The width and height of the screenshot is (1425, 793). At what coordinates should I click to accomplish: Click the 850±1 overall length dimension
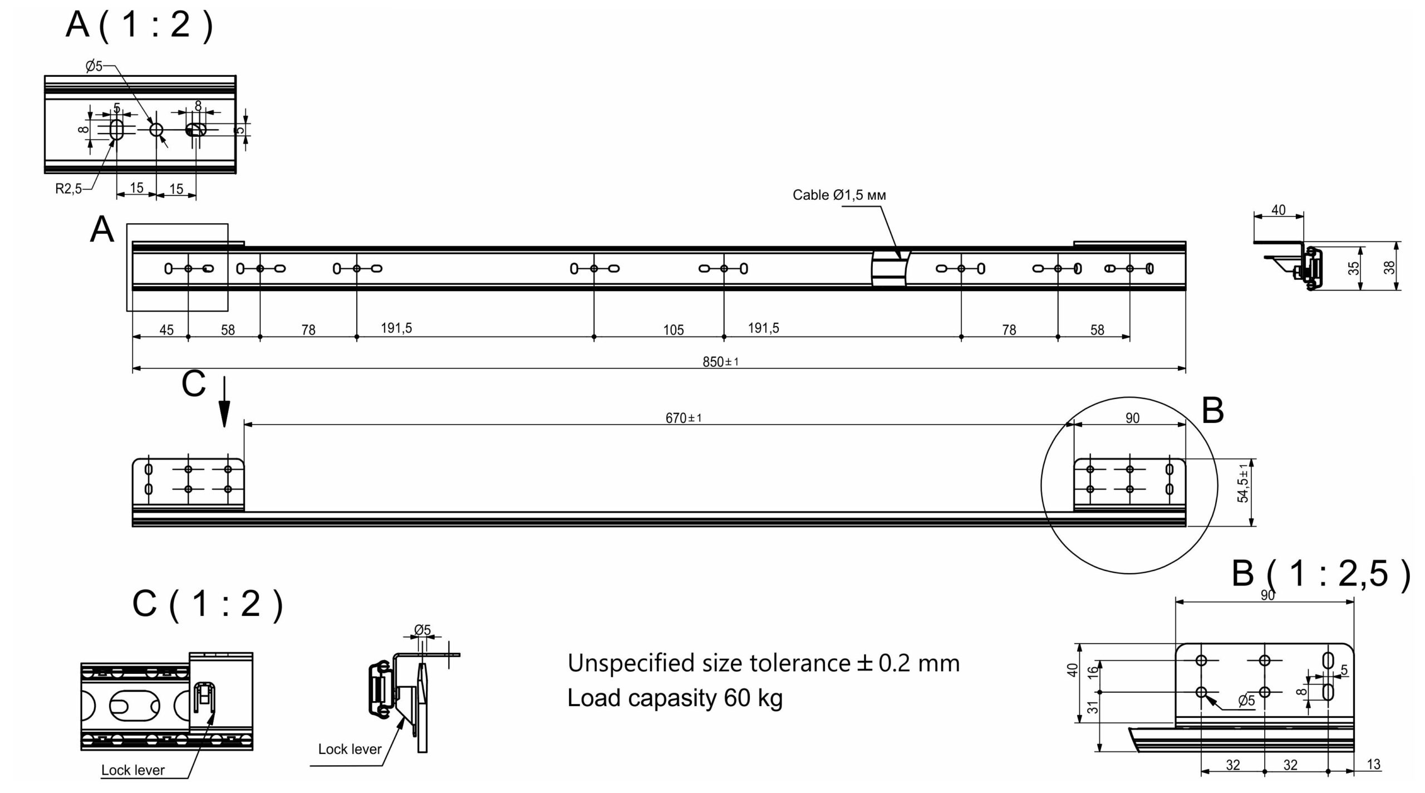click(720, 362)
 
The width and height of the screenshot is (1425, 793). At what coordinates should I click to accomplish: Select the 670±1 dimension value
click(684, 417)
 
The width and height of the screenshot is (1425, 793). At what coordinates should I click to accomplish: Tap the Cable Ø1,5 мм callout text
click(839, 195)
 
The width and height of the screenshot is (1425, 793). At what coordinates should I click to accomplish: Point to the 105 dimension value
click(673, 330)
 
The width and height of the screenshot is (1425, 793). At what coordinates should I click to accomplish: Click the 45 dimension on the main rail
click(166, 330)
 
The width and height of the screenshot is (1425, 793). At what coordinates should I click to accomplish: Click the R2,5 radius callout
click(68, 189)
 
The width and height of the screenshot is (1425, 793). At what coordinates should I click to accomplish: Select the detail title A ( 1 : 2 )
click(139, 25)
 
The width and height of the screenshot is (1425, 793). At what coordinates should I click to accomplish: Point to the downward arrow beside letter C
click(224, 402)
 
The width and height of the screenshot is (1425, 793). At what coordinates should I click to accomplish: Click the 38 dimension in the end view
click(1389, 268)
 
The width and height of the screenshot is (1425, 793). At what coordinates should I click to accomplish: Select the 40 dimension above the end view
click(1279, 210)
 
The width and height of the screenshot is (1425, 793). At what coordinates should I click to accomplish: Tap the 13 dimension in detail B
click(1373, 765)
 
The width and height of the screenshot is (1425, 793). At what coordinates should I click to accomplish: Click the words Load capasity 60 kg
click(675, 698)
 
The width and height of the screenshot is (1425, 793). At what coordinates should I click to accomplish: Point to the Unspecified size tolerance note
click(764, 663)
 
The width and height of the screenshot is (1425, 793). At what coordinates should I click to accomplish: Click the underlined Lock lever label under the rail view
click(133, 770)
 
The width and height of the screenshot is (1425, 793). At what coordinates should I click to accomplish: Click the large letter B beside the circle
click(1213, 411)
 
